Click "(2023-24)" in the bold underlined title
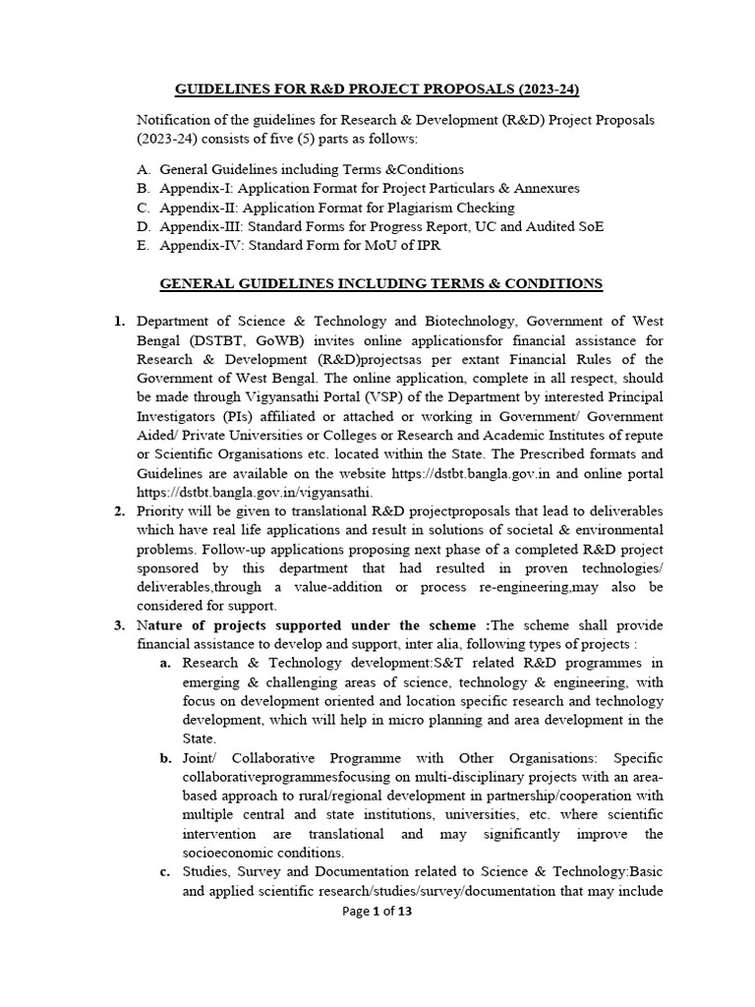pyautogui.click(x=543, y=90)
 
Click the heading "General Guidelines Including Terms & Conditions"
pyautogui.click(x=381, y=284)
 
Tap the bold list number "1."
pyautogui.click(x=119, y=322)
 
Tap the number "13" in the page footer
pyautogui.click(x=404, y=912)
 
